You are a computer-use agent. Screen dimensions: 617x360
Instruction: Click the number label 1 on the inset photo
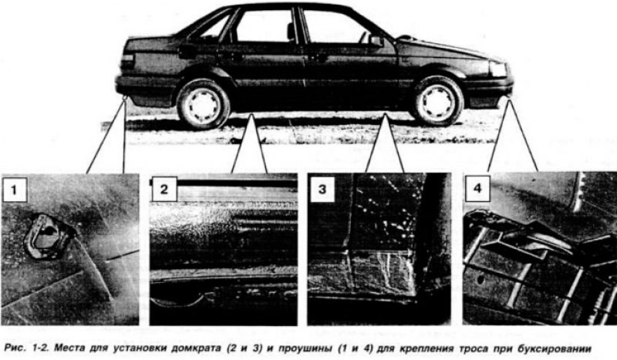(15, 190)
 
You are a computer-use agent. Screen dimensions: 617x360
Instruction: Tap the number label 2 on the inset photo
(164, 189)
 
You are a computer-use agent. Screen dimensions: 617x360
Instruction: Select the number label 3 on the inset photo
(322, 189)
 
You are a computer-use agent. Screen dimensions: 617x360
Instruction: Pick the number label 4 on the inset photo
(477, 188)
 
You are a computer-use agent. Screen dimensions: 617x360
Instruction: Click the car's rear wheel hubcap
(204, 105)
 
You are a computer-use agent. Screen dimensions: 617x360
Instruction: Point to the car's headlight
(497, 69)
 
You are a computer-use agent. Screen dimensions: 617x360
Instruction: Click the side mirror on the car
(376, 41)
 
